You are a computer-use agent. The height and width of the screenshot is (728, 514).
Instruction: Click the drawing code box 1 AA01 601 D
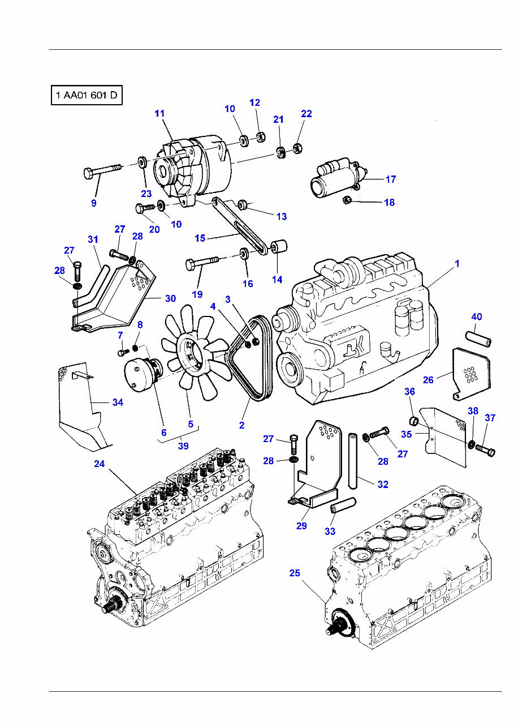[x=86, y=96]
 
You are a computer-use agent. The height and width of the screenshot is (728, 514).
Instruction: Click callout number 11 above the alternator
[x=159, y=114]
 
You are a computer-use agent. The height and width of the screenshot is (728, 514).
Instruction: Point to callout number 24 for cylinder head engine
[x=100, y=464]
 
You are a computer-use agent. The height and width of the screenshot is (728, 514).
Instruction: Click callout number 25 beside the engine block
[x=295, y=573]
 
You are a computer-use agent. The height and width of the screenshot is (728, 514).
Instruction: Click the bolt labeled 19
[x=201, y=263]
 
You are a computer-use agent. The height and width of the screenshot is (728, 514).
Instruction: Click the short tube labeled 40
[x=478, y=338]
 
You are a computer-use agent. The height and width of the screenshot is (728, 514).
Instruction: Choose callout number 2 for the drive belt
[x=241, y=425]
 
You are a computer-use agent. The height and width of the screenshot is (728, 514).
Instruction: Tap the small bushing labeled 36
[x=414, y=421]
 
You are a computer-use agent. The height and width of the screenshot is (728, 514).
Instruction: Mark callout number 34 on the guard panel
[x=118, y=402]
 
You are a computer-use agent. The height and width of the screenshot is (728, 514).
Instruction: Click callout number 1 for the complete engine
[x=457, y=263]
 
